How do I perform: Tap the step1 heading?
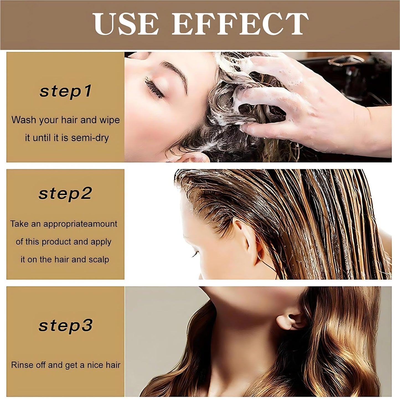click(65, 91)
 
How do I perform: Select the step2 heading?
click(65, 193)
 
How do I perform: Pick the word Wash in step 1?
click(24, 120)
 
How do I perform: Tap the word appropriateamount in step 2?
click(80, 224)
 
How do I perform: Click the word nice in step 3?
click(95, 365)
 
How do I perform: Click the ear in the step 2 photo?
click(251, 241)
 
